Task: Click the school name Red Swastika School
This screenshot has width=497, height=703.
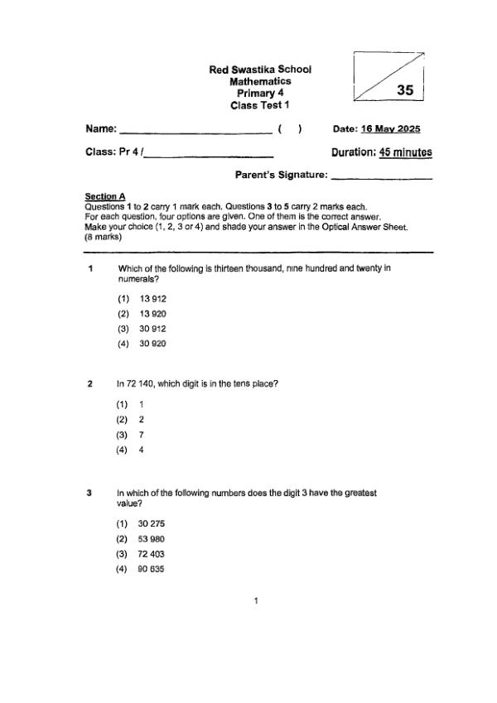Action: (x=260, y=70)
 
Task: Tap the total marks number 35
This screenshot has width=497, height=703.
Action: (x=405, y=90)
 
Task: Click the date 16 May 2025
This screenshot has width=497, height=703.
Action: (x=391, y=129)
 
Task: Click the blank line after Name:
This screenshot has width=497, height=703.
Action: (x=196, y=131)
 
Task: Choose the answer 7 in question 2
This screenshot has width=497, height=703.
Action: (x=142, y=435)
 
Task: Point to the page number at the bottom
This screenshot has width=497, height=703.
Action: (x=257, y=600)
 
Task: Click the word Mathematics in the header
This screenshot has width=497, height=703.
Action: (x=260, y=82)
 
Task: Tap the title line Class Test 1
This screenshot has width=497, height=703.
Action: (x=260, y=105)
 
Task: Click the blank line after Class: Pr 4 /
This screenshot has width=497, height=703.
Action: (x=209, y=154)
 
